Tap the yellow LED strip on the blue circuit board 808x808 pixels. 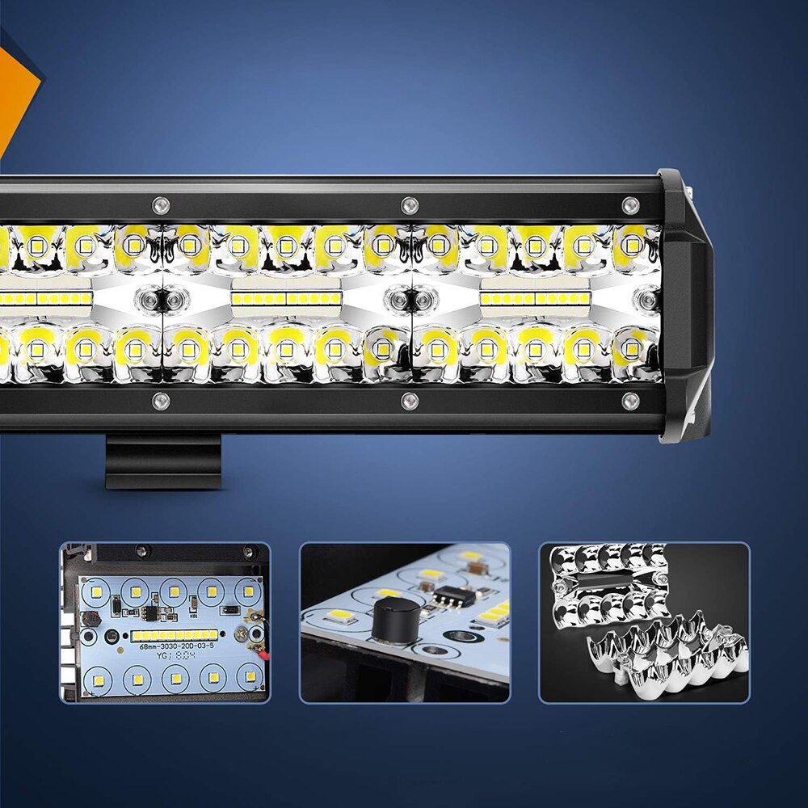[175, 634]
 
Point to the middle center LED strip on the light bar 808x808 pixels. [286, 299]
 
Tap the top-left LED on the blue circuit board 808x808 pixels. [95, 591]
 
